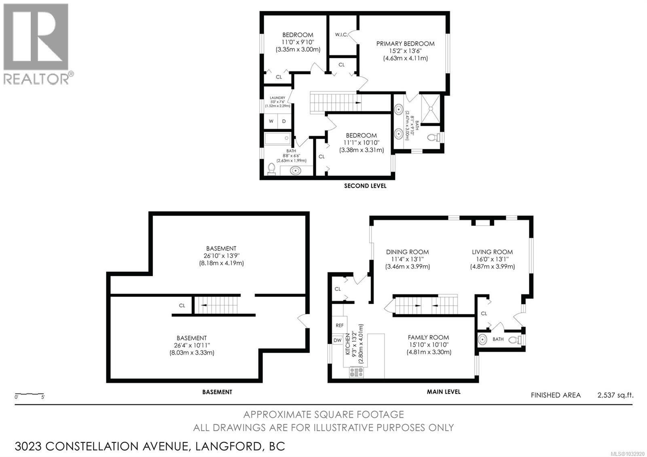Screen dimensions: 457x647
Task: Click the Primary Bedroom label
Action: pyautogui.click(x=405, y=44)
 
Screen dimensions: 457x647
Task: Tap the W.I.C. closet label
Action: pyautogui.click(x=341, y=35)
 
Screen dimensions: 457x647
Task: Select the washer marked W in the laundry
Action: pyautogui.click(x=271, y=121)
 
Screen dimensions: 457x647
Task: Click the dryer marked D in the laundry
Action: pyautogui.click(x=284, y=121)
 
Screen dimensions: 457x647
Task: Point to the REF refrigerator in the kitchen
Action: pyautogui.click(x=340, y=325)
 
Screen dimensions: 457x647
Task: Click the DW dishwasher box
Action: pyautogui.click(x=337, y=340)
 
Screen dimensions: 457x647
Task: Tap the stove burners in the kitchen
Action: pyautogui.click(x=356, y=372)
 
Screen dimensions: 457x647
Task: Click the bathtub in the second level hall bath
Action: pyautogui.click(x=278, y=139)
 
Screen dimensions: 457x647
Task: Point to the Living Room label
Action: pyautogui.click(x=492, y=252)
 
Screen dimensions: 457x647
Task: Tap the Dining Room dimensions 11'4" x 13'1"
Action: pyautogui.click(x=407, y=259)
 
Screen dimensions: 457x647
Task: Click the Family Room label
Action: pyautogui.click(x=428, y=337)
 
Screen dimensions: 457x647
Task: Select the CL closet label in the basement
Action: pyautogui.click(x=182, y=305)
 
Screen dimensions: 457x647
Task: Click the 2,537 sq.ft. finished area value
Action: pyautogui.click(x=615, y=395)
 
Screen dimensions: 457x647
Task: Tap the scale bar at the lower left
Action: pyautogui.click(x=29, y=394)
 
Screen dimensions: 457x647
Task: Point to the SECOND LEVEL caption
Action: pyautogui.click(x=365, y=186)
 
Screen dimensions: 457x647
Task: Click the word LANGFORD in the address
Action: pyautogui.click(x=228, y=446)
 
